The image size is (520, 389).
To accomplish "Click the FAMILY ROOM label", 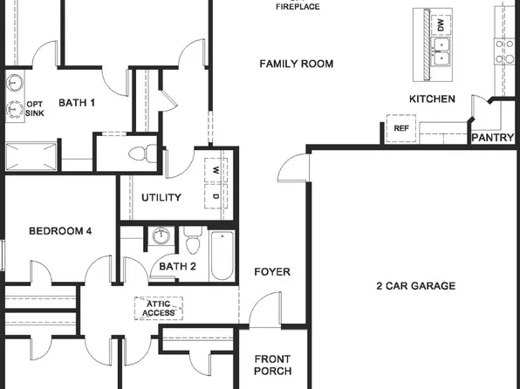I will click(x=297, y=64).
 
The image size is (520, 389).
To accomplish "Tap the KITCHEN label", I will click(x=432, y=99).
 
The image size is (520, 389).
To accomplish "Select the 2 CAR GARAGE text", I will click(x=415, y=286).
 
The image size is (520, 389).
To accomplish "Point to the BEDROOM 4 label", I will click(x=60, y=231).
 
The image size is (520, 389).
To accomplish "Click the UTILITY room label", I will click(x=161, y=198).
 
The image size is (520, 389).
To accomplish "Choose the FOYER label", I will click(x=272, y=272).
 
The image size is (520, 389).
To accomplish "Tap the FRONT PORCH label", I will click(x=272, y=365).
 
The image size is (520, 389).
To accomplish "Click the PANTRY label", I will click(x=492, y=138).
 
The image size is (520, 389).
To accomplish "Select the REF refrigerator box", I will click(x=401, y=129).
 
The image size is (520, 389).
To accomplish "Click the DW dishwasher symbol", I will click(x=441, y=25).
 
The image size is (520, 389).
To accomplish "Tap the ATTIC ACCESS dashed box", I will click(x=158, y=308).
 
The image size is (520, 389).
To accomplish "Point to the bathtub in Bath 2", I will click(x=222, y=256).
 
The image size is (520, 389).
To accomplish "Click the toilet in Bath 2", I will click(x=193, y=236).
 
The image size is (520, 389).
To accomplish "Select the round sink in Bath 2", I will click(x=160, y=236).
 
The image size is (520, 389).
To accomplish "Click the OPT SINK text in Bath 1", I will click(x=35, y=108).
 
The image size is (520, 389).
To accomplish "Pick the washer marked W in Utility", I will click(x=216, y=171).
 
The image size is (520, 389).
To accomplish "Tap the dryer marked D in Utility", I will click(x=216, y=197).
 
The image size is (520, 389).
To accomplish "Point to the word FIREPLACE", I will click(x=298, y=7).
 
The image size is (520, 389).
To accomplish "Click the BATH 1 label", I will click(x=77, y=103).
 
